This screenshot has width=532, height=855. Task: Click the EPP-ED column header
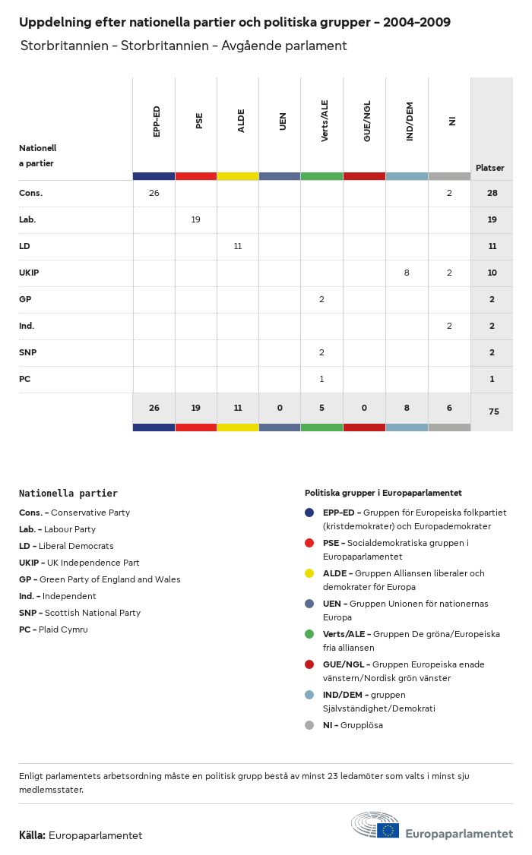[157, 121]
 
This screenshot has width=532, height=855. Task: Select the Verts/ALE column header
[325, 121]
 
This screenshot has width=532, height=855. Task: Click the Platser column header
[490, 168]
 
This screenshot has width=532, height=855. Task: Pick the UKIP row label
[29, 273]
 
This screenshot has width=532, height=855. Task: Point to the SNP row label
[27, 352]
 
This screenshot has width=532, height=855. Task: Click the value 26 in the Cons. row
[154, 193]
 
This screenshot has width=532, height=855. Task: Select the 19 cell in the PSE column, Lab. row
[196, 219]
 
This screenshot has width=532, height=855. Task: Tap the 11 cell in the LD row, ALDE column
[238, 246]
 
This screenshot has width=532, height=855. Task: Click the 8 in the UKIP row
[407, 273]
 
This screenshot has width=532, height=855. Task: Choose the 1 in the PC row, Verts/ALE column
[322, 379]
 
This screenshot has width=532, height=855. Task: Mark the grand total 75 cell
[492, 411]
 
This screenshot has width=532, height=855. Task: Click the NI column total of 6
[449, 408]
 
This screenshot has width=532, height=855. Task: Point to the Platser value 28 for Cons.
[492, 193]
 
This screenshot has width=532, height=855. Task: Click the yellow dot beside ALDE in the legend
[309, 573]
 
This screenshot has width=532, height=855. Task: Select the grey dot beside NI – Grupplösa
[309, 725]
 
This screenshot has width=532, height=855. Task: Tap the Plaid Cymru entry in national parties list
[53, 629]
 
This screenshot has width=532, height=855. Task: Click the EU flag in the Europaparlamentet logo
[388, 830]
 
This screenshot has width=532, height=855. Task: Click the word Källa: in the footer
[32, 835]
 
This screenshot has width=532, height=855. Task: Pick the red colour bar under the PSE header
[196, 176]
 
